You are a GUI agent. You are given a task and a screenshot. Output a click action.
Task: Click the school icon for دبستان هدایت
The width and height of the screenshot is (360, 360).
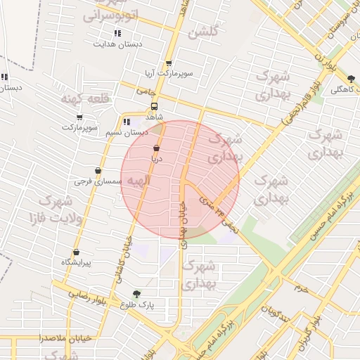click(x=117, y=33)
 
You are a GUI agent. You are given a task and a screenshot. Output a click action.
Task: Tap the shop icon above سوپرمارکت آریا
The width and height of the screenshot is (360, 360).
click(x=168, y=64)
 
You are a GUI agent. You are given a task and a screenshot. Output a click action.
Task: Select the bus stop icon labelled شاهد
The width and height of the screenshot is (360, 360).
click(x=154, y=106)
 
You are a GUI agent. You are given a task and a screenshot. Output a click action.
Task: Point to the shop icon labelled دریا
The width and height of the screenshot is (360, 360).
click(x=155, y=149)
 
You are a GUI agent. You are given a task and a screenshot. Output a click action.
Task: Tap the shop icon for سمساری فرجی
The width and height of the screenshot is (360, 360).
click(x=98, y=171)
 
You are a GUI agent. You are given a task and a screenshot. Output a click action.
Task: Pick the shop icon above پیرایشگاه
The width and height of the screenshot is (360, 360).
click(x=76, y=252)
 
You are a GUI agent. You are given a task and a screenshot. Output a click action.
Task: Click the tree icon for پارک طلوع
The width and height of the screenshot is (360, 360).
click(x=136, y=294)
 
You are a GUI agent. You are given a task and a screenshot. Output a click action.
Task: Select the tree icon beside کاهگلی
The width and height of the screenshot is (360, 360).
click(x=351, y=79)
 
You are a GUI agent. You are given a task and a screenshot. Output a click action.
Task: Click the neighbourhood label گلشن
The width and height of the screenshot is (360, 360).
click(x=205, y=32)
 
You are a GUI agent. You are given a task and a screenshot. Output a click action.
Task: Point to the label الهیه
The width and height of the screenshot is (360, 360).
click(x=137, y=181)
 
